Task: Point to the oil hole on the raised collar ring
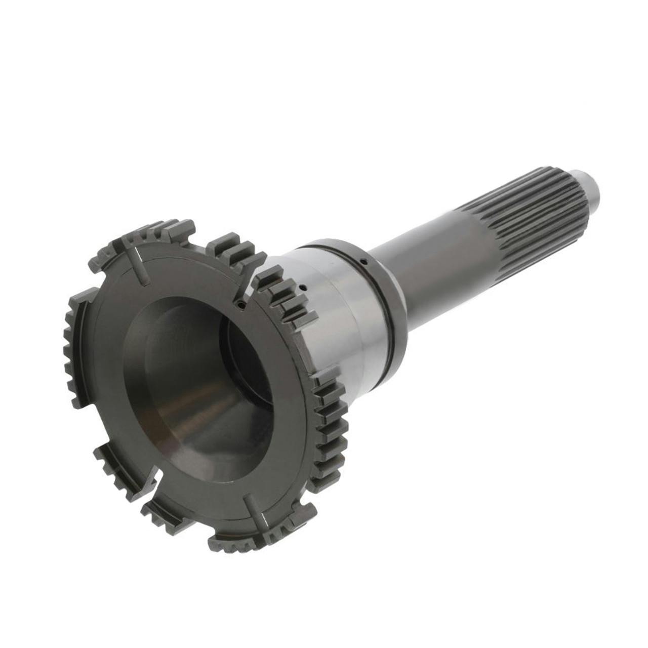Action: (x=364, y=262)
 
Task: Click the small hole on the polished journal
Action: (x=302, y=287)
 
